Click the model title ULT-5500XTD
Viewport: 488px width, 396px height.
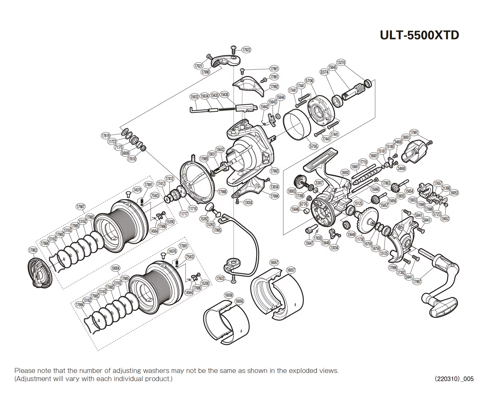tap(419, 35)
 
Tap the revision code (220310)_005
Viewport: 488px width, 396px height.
tap(454, 379)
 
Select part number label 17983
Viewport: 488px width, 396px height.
tap(32, 250)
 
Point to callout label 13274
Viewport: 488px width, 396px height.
tap(341, 63)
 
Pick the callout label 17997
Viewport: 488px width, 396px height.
tap(417, 282)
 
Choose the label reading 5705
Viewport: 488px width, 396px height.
tap(313, 146)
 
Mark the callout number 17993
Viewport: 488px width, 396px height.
tap(274, 171)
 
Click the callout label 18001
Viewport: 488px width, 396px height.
tap(406, 137)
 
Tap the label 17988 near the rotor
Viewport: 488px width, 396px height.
tap(222, 192)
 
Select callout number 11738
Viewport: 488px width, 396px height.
tap(360, 239)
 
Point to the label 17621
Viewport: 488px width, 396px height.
tap(199, 66)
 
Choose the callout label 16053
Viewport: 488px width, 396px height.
tap(454, 193)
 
